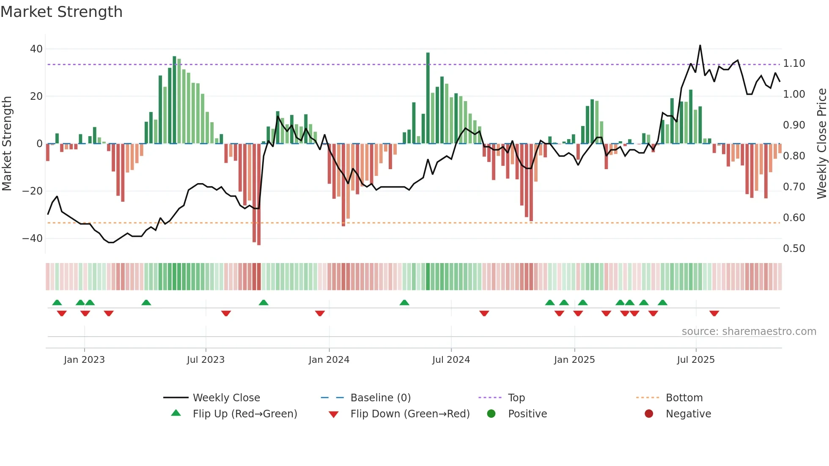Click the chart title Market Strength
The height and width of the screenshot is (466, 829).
(x=61, y=12)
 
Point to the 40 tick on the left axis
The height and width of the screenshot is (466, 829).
(x=36, y=49)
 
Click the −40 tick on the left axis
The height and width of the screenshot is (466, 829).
(x=33, y=238)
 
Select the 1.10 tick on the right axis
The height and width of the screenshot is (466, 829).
(x=794, y=63)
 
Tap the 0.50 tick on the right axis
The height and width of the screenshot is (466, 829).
(x=794, y=249)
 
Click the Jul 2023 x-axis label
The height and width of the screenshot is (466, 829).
(x=206, y=360)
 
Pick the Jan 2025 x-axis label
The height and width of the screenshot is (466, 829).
(x=574, y=360)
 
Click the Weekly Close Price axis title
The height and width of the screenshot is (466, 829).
(x=821, y=144)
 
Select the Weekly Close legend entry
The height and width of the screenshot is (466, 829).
(x=226, y=398)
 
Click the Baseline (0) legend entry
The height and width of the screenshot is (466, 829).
(x=380, y=398)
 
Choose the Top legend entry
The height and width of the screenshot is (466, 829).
(x=516, y=398)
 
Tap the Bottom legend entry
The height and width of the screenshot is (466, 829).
(x=684, y=398)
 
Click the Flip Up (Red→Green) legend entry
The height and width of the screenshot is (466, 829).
(x=245, y=414)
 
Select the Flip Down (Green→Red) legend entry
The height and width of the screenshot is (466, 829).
(x=410, y=414)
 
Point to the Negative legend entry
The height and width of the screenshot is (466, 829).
(x=688, y=414)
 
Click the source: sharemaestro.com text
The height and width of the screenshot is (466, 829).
(x=749, y=332)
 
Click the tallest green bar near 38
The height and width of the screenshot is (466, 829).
(x=428, y=97)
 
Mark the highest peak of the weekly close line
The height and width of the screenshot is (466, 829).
(x=700, y=46)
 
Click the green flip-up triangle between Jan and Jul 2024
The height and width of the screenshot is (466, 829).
(x=404, y=303)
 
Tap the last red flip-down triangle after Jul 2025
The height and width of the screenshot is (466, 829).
(x=714, y=313)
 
